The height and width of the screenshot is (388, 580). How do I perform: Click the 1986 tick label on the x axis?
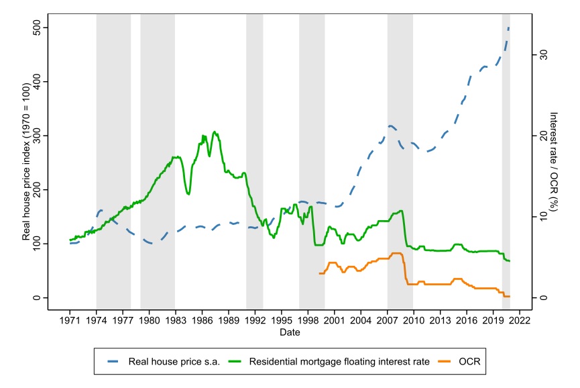click(x=202, y=322)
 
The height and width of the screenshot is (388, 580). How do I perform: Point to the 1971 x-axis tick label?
click(x=70, y=322)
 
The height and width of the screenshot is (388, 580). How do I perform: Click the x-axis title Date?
click(x=290, y=333)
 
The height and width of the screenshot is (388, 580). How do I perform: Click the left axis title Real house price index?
click(x=26, y=162)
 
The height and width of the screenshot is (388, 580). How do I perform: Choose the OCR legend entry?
click(x=469, y=362)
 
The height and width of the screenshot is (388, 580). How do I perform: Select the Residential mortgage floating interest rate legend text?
click(x=339, y=362)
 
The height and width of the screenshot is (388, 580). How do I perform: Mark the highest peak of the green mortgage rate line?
click(x=215, y=132)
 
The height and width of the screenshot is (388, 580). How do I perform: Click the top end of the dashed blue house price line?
click(x=508, y=28)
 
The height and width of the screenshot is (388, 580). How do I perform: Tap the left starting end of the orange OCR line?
click(x=320, y=273)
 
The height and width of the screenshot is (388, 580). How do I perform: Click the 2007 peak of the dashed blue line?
click(x=390, y=126)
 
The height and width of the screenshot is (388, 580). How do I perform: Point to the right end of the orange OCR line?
click(x=510, y=296)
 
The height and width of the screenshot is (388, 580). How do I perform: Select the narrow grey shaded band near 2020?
click(x=506, y=162)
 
